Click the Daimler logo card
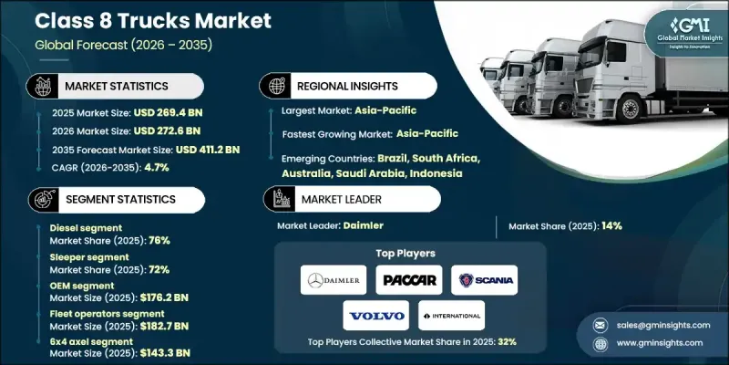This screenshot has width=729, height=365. click(x=334, y=279)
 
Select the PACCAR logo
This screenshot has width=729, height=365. click(x=409, y=279)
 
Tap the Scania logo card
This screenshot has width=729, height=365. click(x=484, y=279)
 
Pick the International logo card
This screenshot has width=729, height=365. click(x=451, y=315)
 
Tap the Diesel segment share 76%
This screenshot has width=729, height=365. click(x=158, y=240)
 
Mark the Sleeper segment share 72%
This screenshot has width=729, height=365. click(x=158, y=272)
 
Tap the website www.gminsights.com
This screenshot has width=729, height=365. click(x=658, y=342)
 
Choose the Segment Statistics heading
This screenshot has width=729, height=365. click(x=117, y=198)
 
